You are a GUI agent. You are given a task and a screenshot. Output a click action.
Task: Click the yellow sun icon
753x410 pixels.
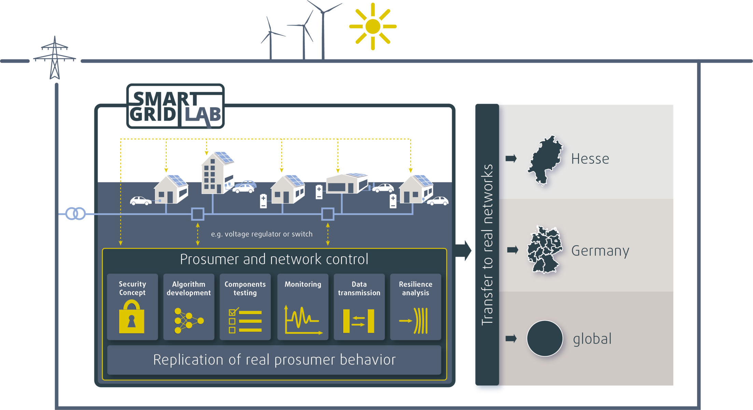pos(373,26)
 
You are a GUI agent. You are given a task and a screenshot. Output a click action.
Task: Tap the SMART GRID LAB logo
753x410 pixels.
pos(176,106)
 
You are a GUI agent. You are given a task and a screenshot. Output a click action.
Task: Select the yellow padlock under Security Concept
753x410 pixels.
pos(132,317)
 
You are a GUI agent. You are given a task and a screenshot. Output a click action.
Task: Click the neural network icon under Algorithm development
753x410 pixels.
pos(189,320)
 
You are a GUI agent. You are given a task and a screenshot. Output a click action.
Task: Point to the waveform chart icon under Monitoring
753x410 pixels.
pos(303,320)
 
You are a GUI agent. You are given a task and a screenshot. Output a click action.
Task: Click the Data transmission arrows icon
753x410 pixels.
pos(359,321)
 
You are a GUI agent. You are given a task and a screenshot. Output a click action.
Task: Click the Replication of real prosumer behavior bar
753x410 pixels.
pos(274,360)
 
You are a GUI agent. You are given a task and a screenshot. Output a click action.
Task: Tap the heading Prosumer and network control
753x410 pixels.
pos(274,259)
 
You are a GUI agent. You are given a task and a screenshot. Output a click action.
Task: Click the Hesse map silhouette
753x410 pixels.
pos(545,160)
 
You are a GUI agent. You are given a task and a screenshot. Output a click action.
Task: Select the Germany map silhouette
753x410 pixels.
pos(544,249)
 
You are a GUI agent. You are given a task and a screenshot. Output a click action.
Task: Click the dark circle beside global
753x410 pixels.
pos(545,338)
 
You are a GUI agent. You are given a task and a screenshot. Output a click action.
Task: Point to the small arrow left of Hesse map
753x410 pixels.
pos(511,159)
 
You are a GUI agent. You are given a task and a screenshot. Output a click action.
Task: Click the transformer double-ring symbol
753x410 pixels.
pos(75,214)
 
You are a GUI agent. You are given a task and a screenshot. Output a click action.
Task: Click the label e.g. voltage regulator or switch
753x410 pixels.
pos(262,234)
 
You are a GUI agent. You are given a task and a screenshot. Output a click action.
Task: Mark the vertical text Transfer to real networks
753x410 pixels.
pos(487,245)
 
